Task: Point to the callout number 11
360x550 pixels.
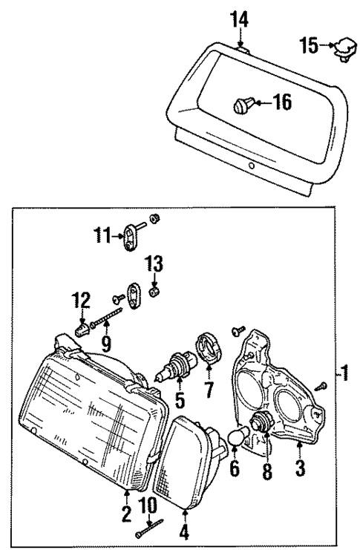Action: coord(102,237)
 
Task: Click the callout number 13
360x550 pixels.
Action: coord(153,263)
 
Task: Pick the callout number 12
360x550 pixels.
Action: coord(81,301)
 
